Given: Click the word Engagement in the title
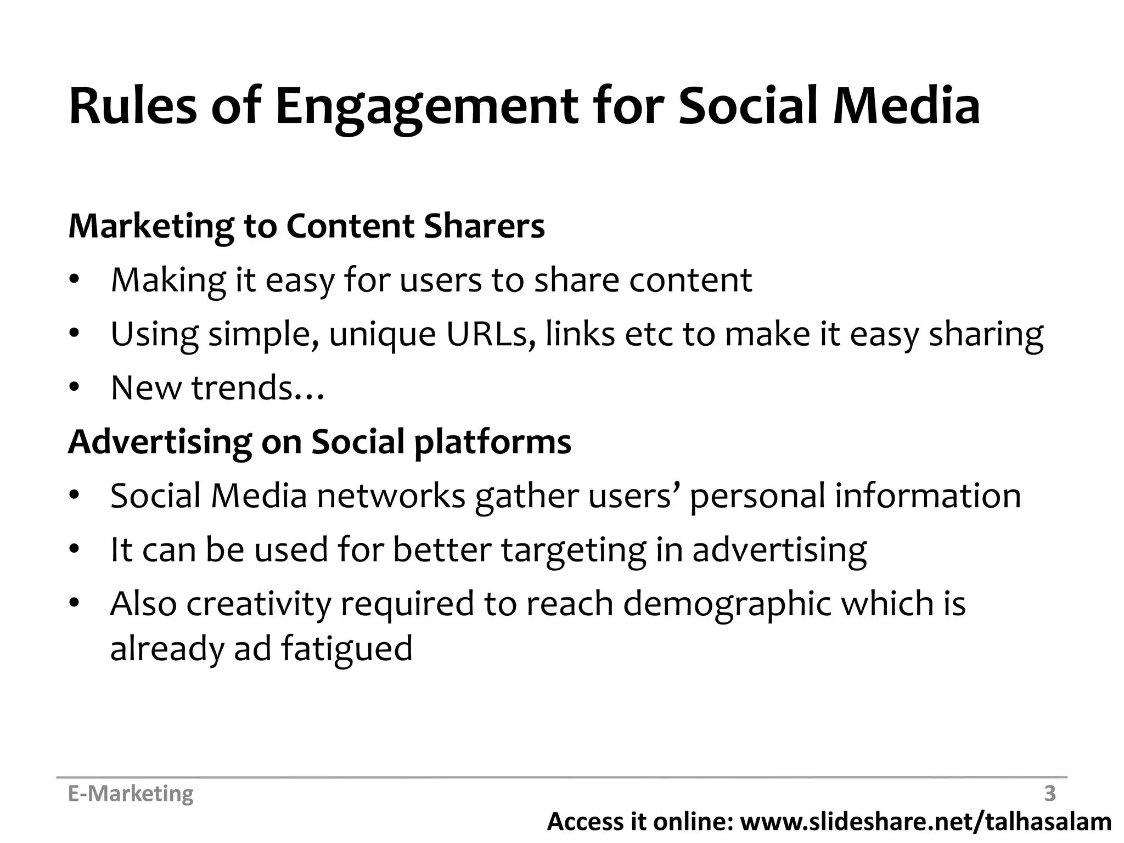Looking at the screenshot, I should click(426, 107).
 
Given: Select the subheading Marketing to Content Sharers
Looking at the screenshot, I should click(306, 226).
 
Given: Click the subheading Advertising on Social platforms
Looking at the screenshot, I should click(319, 442).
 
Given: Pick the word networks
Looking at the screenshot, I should click(391, 496).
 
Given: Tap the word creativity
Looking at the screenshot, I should click(259, 604).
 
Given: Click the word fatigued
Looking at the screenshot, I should click(346, 649).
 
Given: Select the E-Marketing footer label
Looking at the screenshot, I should click(131, 794).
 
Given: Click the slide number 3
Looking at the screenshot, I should click(1049, 794).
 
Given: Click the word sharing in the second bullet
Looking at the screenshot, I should click(986, 335).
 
